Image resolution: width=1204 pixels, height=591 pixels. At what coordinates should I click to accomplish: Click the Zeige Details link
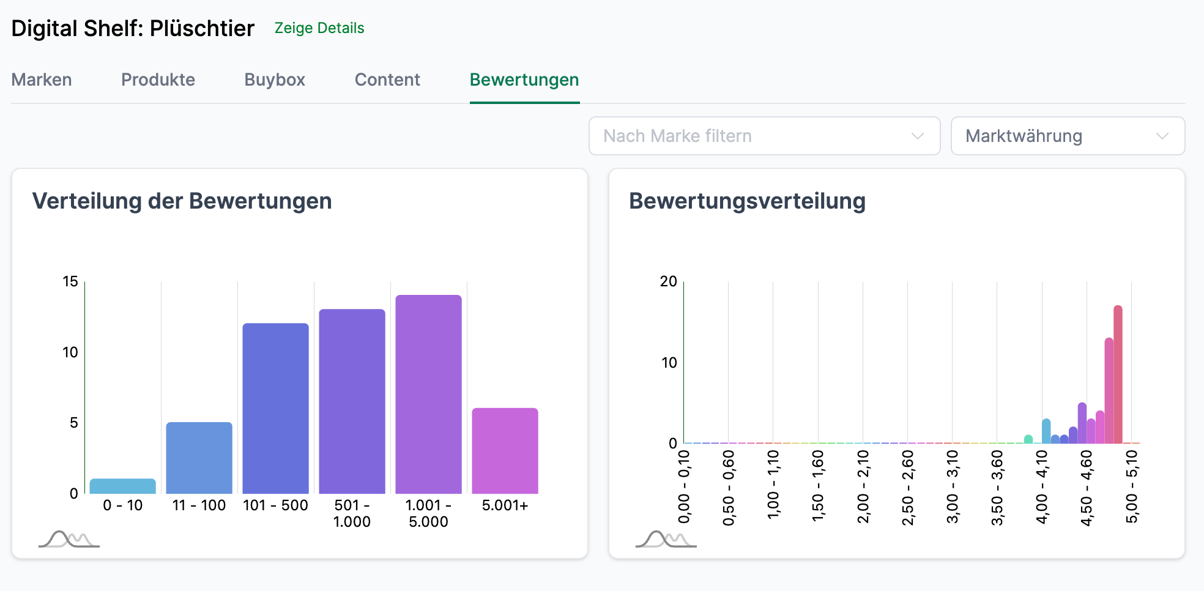tap(319, 28)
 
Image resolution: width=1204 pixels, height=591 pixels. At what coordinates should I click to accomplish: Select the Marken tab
tap(42, 80)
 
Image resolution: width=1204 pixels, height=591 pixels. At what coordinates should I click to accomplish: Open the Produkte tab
tap(158, 80)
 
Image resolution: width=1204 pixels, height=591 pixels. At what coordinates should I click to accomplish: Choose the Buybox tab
tap(275, 80)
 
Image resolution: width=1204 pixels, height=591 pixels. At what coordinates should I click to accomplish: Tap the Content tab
tap(387, 80)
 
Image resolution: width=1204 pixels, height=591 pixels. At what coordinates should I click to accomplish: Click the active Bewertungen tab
tap(524, 80)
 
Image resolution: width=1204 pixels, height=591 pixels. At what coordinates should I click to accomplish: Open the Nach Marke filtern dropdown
tap(764, 136)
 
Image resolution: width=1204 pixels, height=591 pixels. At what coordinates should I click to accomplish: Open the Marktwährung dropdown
tap(1067, 136)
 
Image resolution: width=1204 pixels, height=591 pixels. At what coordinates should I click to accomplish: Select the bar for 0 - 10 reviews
tap(122, 486)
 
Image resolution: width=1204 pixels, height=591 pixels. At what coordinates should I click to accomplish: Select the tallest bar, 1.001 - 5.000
tap(428, 394)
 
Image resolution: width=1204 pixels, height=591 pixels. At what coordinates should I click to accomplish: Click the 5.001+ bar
tap(505, 451)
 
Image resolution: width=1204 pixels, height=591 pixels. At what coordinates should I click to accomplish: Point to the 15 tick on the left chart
tap(70, 281)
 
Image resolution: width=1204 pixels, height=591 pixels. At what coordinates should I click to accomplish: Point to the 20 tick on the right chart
tap(668, 281)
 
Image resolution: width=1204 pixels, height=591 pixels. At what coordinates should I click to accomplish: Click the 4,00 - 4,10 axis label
tap(1042, 487)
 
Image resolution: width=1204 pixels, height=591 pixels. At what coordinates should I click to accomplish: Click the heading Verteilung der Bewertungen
tap(182, 201)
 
